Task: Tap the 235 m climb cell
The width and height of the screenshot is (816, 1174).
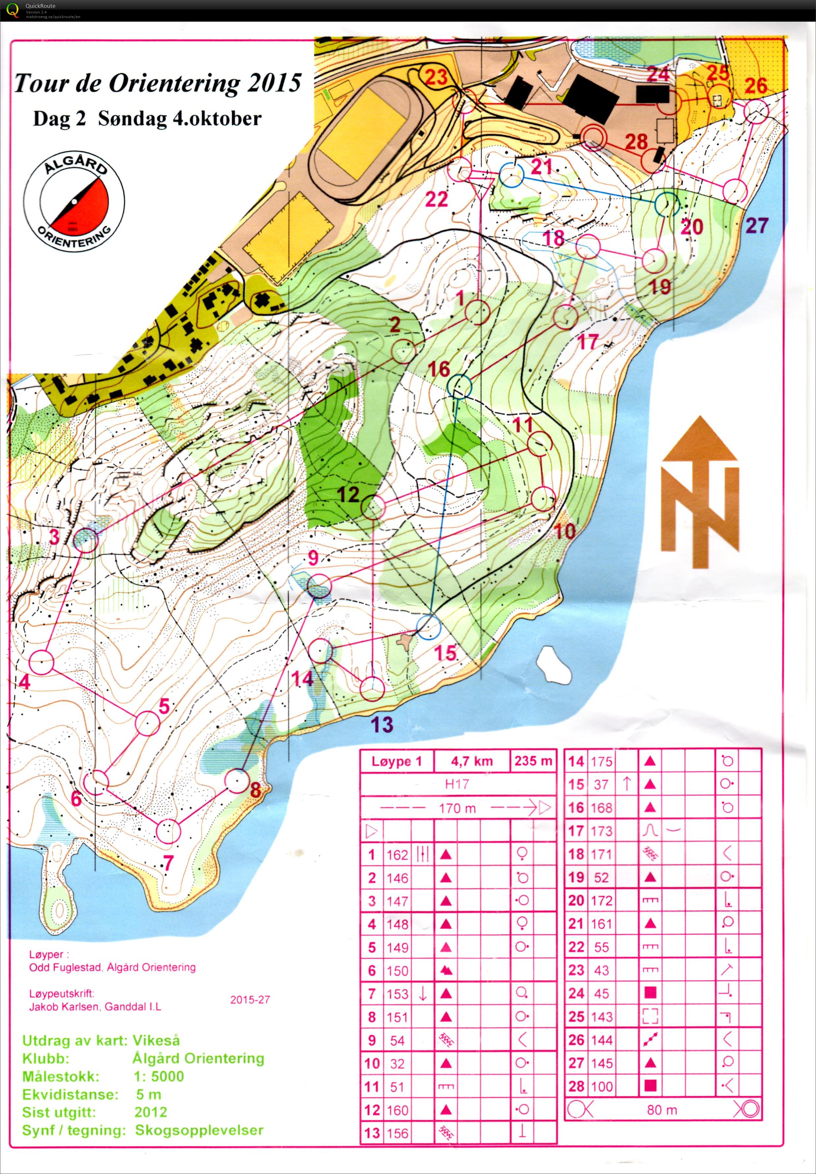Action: [x=533, y=761]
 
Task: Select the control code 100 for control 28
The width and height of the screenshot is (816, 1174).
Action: [x=601, y=1086]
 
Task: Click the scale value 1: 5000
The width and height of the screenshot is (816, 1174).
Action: [x=159, y=1076]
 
